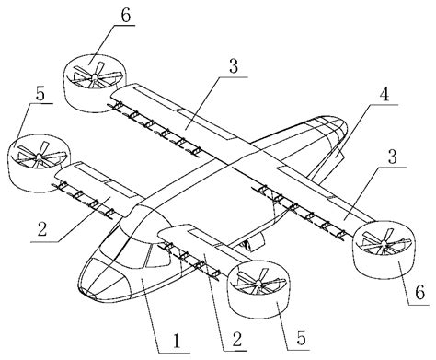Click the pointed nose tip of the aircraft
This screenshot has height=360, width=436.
(x=87, y=291)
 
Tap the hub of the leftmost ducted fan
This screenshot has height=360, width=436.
(x=33, y=156)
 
